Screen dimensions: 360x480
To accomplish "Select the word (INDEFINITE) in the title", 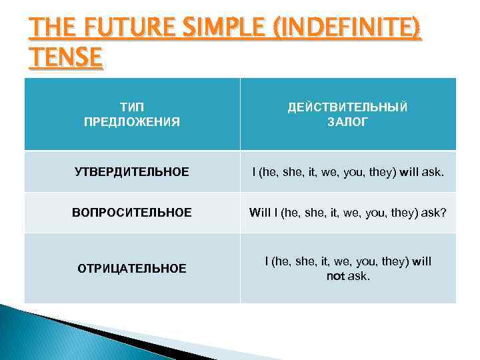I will [x=345, y=30].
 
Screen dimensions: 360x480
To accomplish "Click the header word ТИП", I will [x=132, y=107].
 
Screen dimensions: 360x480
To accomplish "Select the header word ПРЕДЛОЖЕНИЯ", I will [x=132, y=122].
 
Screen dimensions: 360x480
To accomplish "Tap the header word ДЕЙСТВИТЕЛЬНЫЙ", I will [x=347, y=107].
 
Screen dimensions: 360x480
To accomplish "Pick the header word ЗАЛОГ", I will [x=347, y=122].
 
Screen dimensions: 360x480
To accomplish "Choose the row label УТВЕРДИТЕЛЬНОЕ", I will [x=132, y=173].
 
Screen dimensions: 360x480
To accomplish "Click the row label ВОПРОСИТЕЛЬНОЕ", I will [x=132, y=213].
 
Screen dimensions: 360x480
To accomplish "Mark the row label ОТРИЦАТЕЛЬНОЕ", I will [x=132, y=268].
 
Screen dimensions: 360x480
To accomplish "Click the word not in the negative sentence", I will [x=335, y=275].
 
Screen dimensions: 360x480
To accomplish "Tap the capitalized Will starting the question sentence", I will [x=260, y=213].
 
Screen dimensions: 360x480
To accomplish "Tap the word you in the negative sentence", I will [x=360, y=261].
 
